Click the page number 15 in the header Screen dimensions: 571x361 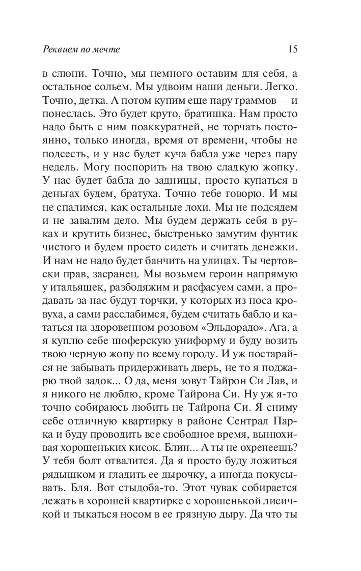[292, 50]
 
